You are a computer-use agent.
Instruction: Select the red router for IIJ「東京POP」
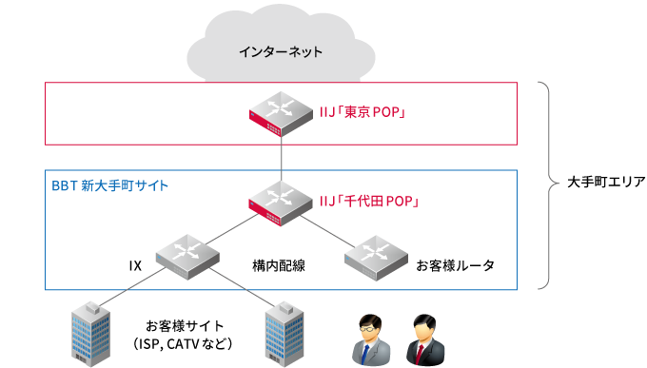coord(281,112)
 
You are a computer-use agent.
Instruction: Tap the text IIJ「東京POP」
coord(363,113)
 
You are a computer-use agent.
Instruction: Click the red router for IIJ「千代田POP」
coord(281,202)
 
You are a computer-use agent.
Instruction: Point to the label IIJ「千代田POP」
coord(369,202)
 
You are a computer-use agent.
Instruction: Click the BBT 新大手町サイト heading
coord(109,184)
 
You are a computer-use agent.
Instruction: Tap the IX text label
coord(135,265)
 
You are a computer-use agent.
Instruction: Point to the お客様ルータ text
coord(455,265)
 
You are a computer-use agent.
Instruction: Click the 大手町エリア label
coord(599,182)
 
